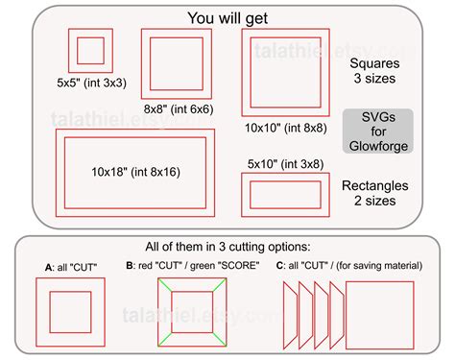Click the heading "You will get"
[227, 18]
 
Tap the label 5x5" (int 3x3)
[91, 83]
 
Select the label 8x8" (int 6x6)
[179, 109]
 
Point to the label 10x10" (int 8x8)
[286, 128]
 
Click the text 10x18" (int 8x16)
[135, 172]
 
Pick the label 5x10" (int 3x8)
[285, 164]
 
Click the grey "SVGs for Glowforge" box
[378, 132]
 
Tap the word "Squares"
[374, 63]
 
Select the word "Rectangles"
[375, 185]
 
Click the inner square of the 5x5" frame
[78, 51]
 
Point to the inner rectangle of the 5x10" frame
[251, 195]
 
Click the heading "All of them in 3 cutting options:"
[227, 247]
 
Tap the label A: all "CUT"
[71, 267]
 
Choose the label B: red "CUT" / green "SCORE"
[193, 266]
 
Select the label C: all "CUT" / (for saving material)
[349, 266]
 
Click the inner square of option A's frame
[50, 312]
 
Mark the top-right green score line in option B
[220, 285]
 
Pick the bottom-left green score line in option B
[165, 339]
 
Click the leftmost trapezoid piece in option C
[284, 315]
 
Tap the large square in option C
[347, 315]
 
